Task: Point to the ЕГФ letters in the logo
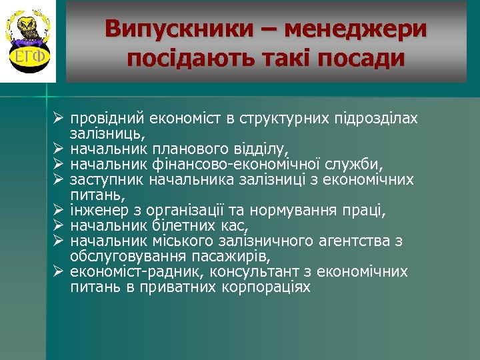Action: tap(29, 57)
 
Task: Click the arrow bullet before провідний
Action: tap(59, 119)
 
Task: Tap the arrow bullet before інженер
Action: tap(59, 211)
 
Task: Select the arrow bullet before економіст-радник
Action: tap(59, 272)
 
